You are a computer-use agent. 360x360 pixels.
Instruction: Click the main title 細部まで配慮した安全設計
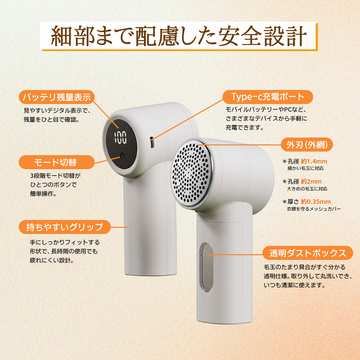[179, 36]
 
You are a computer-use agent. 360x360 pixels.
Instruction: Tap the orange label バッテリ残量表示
[57, 97]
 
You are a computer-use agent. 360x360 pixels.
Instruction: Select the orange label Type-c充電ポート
[268, 97]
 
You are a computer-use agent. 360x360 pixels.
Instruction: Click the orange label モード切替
[57, 162]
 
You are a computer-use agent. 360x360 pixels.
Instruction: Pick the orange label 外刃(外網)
[307, 145]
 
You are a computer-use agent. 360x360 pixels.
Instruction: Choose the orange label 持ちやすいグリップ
[65, 227]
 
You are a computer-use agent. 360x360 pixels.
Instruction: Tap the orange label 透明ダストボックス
[308, 253]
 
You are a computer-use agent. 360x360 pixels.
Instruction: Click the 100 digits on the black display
[121, 138]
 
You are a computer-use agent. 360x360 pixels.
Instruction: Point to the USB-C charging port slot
[152, 142]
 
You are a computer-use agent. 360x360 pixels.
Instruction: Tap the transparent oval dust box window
[206, 267]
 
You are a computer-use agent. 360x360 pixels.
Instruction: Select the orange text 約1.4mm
[314, 161]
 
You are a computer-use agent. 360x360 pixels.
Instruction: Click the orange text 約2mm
[311, 181]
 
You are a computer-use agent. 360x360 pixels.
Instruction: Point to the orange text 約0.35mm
[316, 202]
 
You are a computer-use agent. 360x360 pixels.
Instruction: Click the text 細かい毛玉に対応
[305, 168]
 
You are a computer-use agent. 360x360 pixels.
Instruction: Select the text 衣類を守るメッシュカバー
[314, 209]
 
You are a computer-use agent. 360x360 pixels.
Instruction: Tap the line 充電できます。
[245, 127]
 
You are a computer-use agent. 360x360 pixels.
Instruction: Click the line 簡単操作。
[44, 194]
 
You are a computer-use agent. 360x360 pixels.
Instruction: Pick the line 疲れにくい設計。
[52, 260]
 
